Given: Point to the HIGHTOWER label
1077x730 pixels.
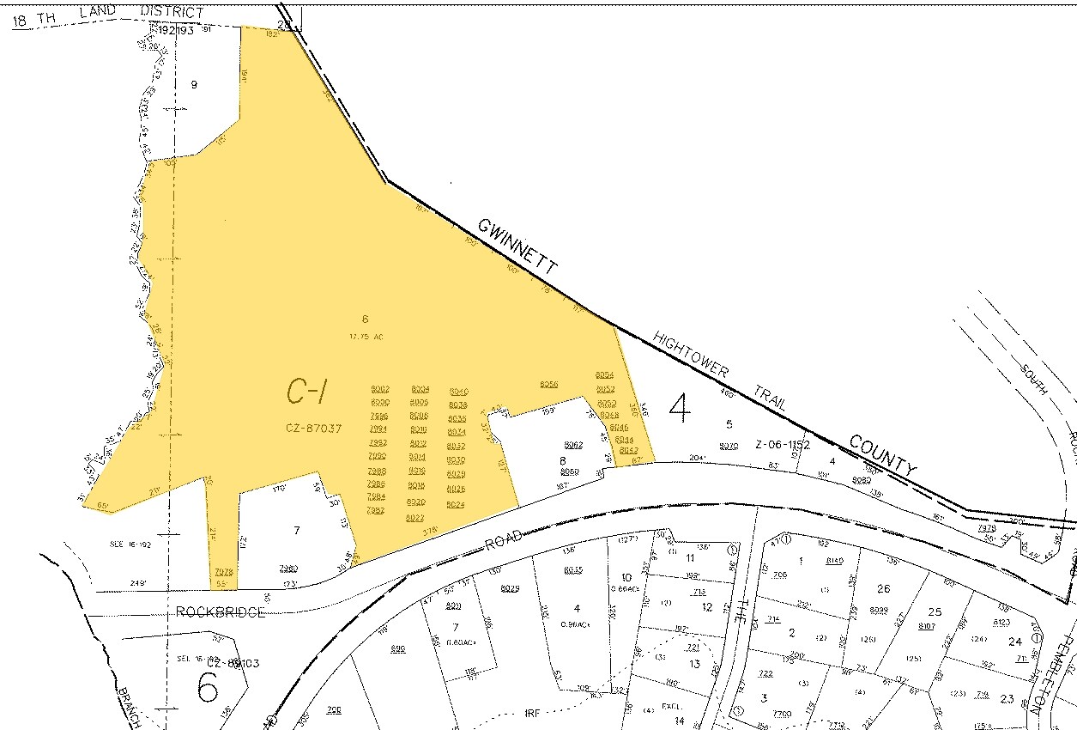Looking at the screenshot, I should click(691, 353).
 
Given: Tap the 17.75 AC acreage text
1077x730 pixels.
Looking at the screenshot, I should click(365, 337).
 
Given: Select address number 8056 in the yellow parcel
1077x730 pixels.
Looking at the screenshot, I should click(549, 384).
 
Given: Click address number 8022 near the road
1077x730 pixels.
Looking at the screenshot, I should click(415, 517).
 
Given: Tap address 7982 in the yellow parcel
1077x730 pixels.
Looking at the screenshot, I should click(376, 510).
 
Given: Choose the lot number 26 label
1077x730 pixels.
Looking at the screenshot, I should click(884, 588).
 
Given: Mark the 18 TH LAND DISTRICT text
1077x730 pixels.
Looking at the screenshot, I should click(108, 15).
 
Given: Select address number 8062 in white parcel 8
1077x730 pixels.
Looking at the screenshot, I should click(574, 445).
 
